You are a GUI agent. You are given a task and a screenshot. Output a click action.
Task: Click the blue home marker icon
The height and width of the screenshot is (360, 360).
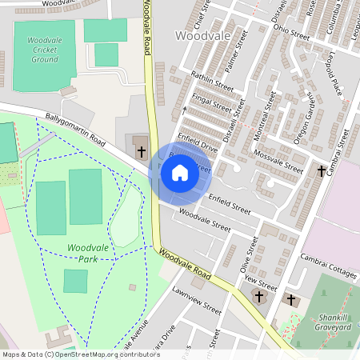[180, 173]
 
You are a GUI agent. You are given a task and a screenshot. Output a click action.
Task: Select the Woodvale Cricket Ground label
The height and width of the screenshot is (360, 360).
[45, 50]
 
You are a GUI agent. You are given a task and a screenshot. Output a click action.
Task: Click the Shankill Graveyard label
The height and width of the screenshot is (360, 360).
[332, 320]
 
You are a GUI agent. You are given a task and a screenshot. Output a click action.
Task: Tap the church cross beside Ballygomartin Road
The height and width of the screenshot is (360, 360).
[141, 151]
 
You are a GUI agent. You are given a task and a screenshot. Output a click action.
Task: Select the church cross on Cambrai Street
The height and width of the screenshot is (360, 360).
[322, 171]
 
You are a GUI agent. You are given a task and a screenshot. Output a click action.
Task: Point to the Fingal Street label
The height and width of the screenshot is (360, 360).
[212, 104]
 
